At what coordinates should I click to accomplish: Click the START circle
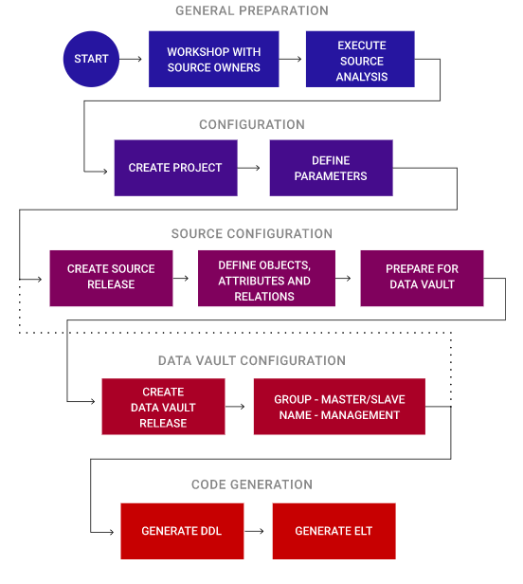pyautogui.click(x=91, y=59)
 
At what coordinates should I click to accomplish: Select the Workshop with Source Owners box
pyautogui.click(x=214, y=59)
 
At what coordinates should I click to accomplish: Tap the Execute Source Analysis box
pyautogui.click(x=360, y=59)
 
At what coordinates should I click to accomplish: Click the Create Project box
pyautogui.click(x=175, y=168)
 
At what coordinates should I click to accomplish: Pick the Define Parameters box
pyautogui.click(x=331, y=168)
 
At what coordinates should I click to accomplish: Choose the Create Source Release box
pyautogui.click(x=111, y=278)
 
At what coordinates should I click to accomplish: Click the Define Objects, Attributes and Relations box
pyautogui.click(x=266, y=278)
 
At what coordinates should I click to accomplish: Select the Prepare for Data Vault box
pyautogui.click(x=422, y=278)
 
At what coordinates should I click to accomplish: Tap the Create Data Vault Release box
pyautogui.click(x=163, y=407)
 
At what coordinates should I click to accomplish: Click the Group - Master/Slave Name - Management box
pyautogui.click(x=339, y=407)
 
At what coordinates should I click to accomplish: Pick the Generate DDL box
pyautogui.click(x=182, y=531)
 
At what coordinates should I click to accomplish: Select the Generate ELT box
pyautogui.click(x=334, y=531)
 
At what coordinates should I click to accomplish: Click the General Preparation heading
pyautogui.click(x=252, y=10)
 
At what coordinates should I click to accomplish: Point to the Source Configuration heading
pyautogui.click(x=252, y=233)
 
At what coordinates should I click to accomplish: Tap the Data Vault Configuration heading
pyautogui.click(x=252, y=360)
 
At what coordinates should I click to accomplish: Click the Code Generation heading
pyautogui.click(x=252, y=484)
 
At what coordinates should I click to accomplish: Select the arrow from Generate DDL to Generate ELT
pyautogui.click(x=254, y=531)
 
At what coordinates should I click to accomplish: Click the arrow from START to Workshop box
pyautogui.click(x=131, y=59)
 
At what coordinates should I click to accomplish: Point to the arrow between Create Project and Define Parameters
pyautogui.click(x=248, y=168)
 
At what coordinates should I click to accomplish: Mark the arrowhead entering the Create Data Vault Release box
pyautogui.click(x=93, y=402)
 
